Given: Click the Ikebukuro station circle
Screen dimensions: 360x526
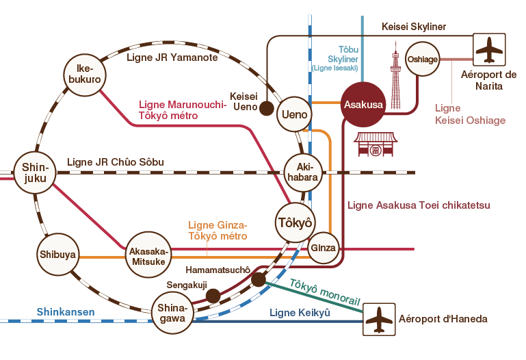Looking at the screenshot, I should pyautogui.click(x=84, y=74).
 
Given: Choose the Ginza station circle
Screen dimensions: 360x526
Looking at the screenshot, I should pyautogui.click(x=324, y=248).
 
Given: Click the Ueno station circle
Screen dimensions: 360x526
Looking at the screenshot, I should pyautogui.click(x=295, y=114).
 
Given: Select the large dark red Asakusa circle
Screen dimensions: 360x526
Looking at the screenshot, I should pyautogui.click(x=363, y=105).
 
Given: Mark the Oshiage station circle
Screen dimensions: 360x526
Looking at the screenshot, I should pyautogui.click(x=422, y=60).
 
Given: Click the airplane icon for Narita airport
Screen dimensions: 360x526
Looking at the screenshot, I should pyautogui.click(x=490, y=50).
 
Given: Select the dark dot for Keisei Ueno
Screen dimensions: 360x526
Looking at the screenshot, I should pyautogui.click(x=267, y=108).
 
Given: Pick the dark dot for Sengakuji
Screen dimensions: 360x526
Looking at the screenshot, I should pyautogui.click(x=213, y=296).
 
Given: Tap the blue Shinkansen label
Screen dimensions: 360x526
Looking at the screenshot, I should pyautogui.click(x=66, y=312).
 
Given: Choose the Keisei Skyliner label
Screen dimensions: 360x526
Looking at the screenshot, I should pyautogui.click(x=413, y=27).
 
